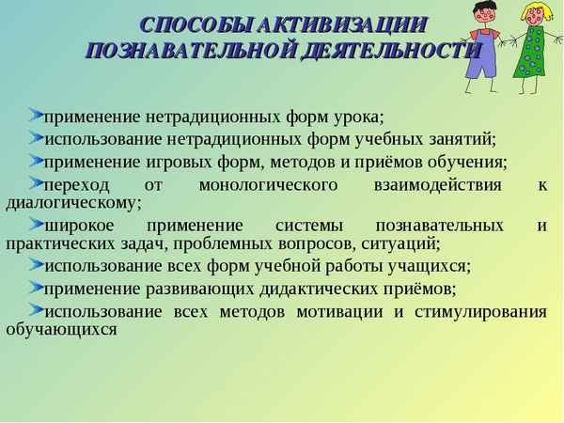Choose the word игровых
coord(178,161)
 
